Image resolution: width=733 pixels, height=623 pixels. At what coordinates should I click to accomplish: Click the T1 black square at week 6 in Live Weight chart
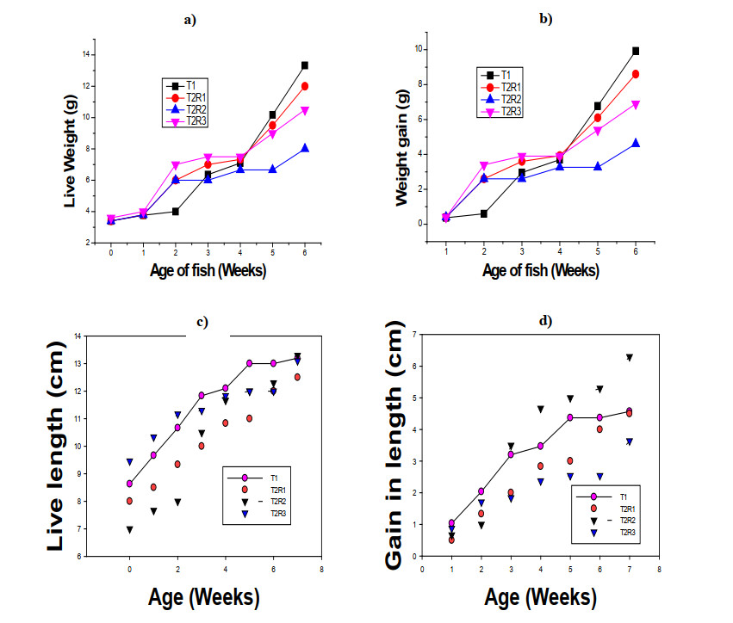pyautogui.click(x=305, y=65)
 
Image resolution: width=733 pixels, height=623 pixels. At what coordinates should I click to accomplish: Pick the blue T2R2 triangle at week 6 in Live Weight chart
pyautogui.click(x=305, y=148)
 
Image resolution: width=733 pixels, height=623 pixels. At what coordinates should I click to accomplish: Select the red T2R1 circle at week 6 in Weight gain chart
pyautogui.click(x=636, y=74)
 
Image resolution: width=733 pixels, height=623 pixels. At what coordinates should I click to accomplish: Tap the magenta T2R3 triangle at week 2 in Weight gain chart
pyautogui.click(x=484, y=164)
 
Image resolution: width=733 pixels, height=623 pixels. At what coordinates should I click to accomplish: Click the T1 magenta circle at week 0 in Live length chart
pyautogui.click(x=129, y=484)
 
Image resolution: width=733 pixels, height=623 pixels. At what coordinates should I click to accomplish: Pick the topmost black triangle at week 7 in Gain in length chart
pyautogui.click(x=630, y=357)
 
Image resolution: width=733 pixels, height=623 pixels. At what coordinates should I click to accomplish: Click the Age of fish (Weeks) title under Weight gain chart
pyautogui.click(x=540, y=270)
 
